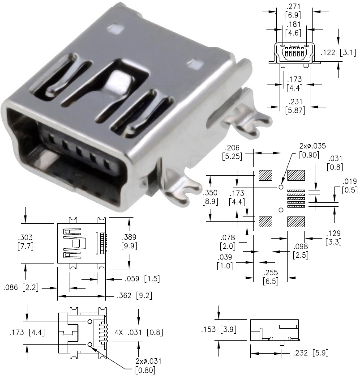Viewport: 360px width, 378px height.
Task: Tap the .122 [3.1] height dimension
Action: tap(338, 53)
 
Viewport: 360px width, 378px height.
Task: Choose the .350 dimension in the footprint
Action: tap(210, 193)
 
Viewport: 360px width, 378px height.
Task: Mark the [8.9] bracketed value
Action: tap(210, 202)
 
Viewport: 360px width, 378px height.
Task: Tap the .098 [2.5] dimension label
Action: tap(300, 251)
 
